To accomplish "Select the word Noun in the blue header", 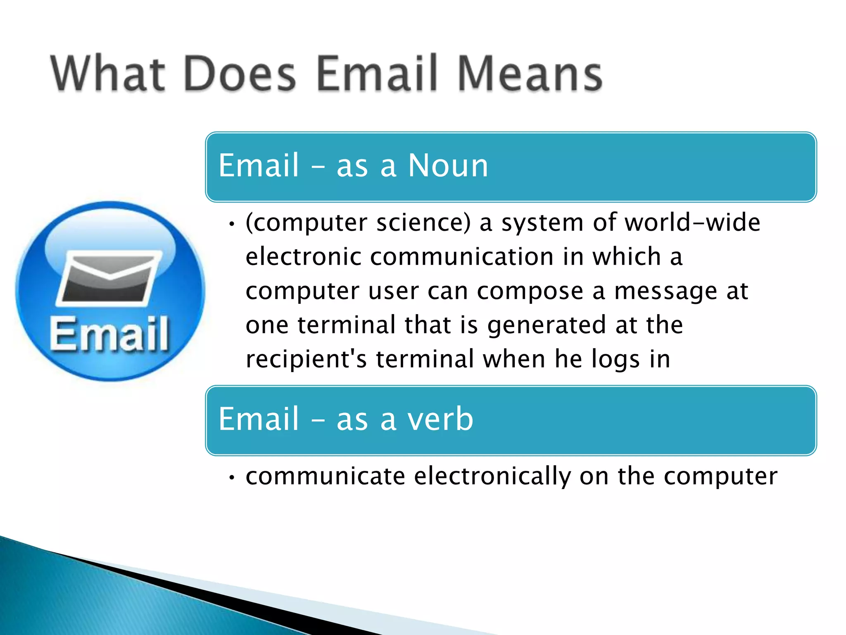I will coord(448,165).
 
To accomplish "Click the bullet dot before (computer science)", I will coord(232,224).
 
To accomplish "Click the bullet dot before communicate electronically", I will coord(232,478).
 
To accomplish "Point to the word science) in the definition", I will coord(423,223).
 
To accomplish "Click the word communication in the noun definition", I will coord(462,257).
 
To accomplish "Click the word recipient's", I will coord(306,359).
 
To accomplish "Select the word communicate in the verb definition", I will coord(326,477).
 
